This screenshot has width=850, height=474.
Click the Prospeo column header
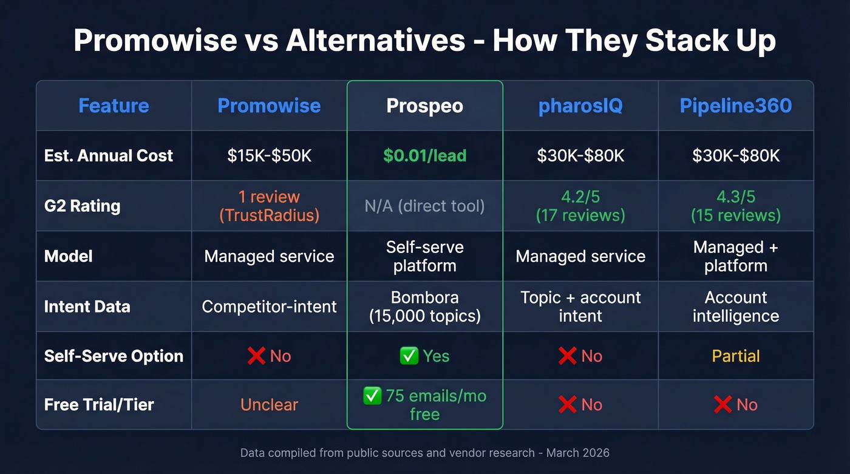tap(424, 106)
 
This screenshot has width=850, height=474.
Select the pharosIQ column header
tap(580, 106)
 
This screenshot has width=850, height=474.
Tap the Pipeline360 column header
tap(735, 106)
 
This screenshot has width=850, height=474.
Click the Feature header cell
tap(114, 106)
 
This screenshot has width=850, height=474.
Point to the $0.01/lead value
tap(424, 155)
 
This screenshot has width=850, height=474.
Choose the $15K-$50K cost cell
tap(269, 155)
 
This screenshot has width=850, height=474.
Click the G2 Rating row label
tap(82, 206)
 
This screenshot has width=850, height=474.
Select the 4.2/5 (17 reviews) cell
tap(580, 206)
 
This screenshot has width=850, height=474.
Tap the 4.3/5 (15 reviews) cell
tap(735, 206)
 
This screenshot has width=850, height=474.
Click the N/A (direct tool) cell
tap(424, 206)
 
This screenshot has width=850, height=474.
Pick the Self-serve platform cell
tap(424, 256)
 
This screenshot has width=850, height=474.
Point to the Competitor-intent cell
tap(269, 306)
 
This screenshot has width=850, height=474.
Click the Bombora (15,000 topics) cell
tap(424, 306)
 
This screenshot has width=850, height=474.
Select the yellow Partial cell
tap(735, 356)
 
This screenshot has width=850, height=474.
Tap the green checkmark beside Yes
tap(409, 356)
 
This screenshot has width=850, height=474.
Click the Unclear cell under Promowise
tap(269, 405)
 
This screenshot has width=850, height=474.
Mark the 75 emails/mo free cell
tap(424, 405)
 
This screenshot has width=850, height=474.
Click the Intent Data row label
tap(87, 306)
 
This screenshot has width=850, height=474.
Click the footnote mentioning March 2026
tap(424, 453)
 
